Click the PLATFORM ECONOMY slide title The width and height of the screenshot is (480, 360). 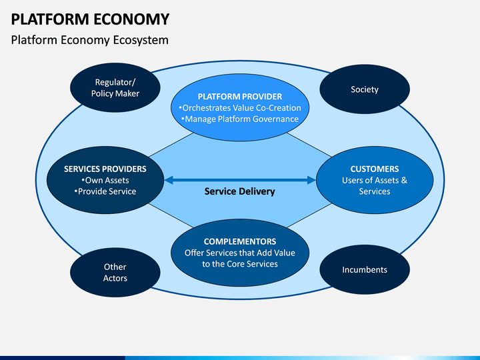pyautogui.click(x=90, y=19)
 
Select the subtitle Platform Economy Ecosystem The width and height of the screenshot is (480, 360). pyautogui.click(x=90, y=40)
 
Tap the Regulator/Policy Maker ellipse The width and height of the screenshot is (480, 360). pyautogui.click(x=115, y=87)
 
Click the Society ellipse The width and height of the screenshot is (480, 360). pyautogui.click(x=365, y=89)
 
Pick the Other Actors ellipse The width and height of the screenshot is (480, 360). pyautogui.click(x=115, y=272)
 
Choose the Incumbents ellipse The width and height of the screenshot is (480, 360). pyautogui.click(x=365, y=269)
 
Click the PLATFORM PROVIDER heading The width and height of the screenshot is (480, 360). pyautogui.click(x=240, y=97)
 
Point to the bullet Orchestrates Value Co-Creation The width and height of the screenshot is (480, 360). pyautogui.click(x=240, y=108)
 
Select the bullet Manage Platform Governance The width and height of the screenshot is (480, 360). pyautogui.click(x=240, y=119)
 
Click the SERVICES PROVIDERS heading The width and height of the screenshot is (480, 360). pyautogui.click(x=105, y=169)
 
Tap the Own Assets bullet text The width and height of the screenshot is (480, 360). pyautogui.click(x=105, y=180)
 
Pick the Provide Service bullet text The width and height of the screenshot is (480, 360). pyautogui.click(x=105, y=191)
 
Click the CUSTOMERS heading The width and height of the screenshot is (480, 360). pyautogui.click(x=375, y=169)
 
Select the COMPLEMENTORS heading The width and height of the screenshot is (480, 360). pyautogui.click(x=240, y=241)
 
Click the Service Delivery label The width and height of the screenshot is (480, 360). pyautogui.click(x=240, y=191)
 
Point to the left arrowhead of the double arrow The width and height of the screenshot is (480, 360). pyautogui.click(x=169, y=180)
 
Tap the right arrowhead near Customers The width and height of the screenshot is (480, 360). pyautogui.click(x=311, y=180)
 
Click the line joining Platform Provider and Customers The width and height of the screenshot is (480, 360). pyautogui.click(x=309, y=145)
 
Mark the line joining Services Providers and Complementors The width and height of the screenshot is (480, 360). pyautogui.click(x=171, y=215)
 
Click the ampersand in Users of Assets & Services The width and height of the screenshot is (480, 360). pyautogui.click(x=404, y=180)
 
